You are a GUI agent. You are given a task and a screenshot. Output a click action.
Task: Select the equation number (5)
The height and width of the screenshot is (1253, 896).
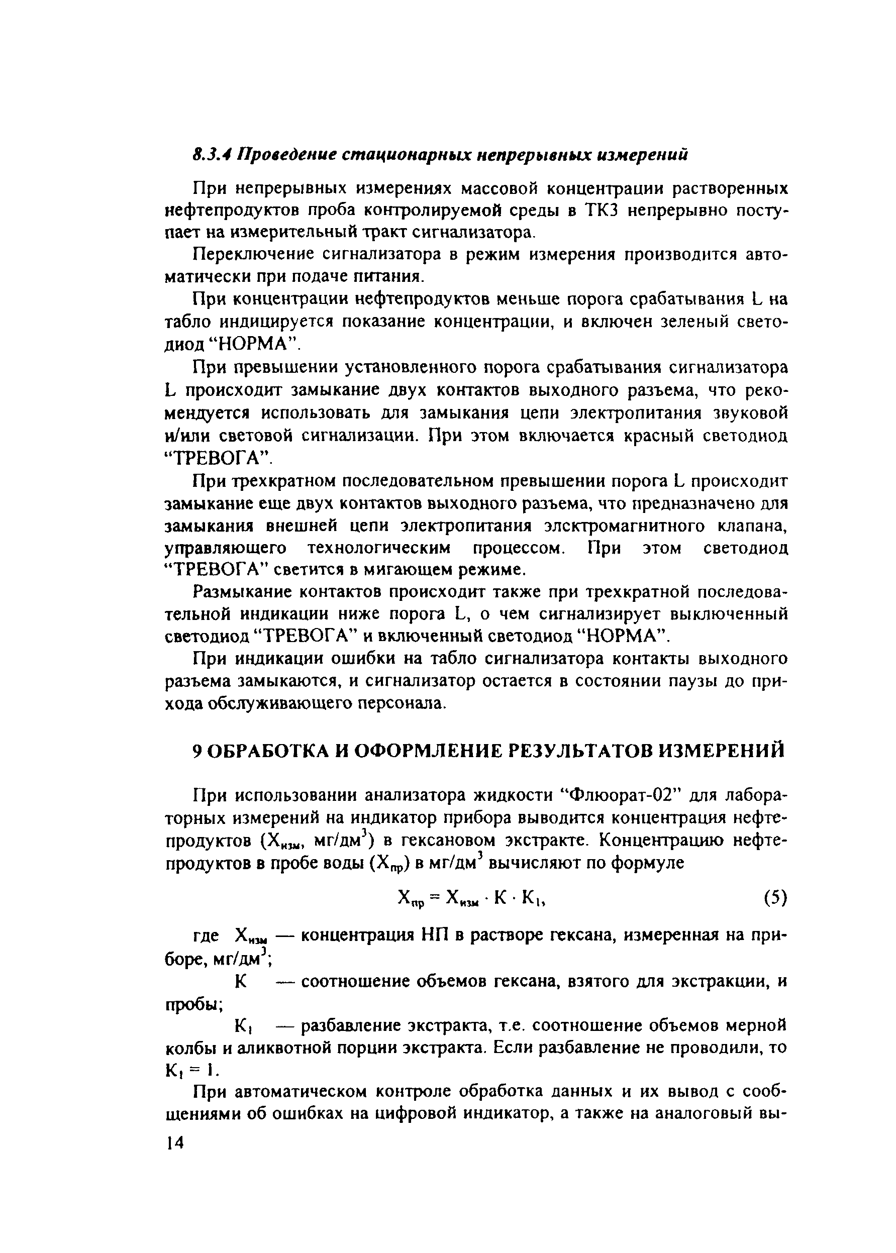click(x=774, y=898)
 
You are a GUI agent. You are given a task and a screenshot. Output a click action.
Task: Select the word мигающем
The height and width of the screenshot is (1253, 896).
click(x=433, y=569)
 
